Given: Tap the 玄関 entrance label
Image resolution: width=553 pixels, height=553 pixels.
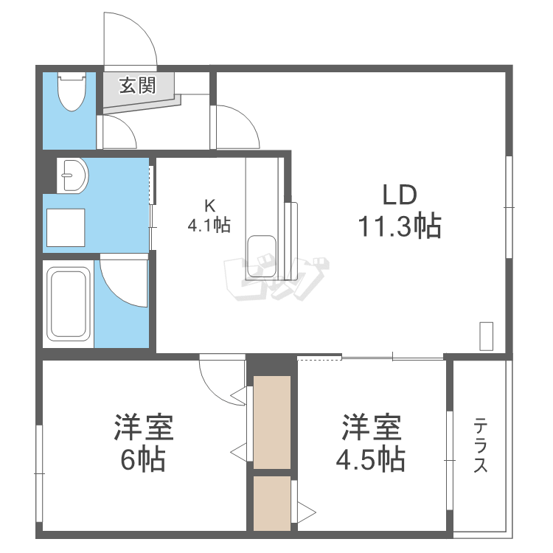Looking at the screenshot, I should pyautogui.click(x=138, y=86).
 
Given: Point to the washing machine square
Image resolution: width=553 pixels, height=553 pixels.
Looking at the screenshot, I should pyautogui.click(x=65, y=226).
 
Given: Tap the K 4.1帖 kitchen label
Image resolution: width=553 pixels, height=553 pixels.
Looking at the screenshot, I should pyautogui.click(x=209, y=216).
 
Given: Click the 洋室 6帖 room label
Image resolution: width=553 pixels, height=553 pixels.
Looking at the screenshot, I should pyautogui.click(x=143, y=444).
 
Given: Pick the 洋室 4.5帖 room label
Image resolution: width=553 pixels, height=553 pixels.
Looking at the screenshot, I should pyautogui.click(x=370, y=444).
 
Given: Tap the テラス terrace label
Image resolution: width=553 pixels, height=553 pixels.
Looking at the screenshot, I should pyautogui.click(x=481, y=445).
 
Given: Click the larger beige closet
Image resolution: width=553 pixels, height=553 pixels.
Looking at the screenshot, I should pyautogui.click(x=272, y=422).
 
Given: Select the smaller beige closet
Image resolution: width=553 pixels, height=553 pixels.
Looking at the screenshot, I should pyautogui.click(x=272, y=503).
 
